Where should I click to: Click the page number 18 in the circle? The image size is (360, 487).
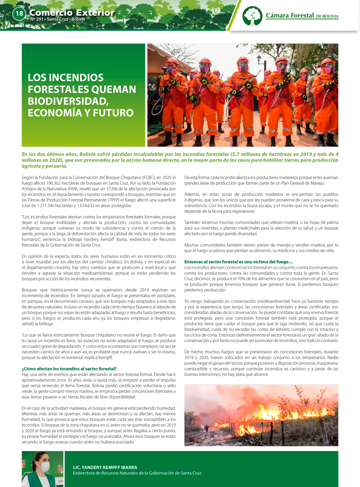[19, 14]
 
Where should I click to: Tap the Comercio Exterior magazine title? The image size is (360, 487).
[72, 13]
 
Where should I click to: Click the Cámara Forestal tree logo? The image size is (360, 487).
[252, 16]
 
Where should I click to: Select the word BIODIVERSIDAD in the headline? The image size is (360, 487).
[68, 101]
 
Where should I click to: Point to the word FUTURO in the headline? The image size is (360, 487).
[113, 113]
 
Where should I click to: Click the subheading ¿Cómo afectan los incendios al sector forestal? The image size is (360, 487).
[69, 369]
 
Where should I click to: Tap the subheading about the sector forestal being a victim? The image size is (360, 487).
[238, 262]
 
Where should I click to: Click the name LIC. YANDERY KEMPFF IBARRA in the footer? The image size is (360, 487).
[105, 467]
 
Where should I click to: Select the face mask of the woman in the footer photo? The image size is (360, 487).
[44, 467]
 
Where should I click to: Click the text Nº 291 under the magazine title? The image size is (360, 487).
[37, 19]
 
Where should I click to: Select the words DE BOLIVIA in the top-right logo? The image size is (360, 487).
[327, 16]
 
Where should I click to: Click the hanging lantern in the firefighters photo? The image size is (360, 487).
[259, 59]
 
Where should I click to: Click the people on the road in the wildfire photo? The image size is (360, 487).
[204, 428]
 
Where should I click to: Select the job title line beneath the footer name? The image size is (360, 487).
[137, 473]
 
